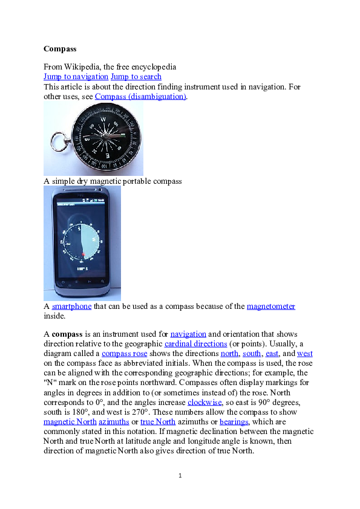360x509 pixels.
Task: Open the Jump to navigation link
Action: tap(76, 77)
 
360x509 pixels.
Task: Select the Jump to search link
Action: tap(136, 77)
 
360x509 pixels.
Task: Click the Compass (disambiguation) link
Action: tap(140, 96)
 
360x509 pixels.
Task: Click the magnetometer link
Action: tap(271, 306)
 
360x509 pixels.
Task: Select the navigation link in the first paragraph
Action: tap(188, 334)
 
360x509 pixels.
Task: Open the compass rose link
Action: tap(124, 353)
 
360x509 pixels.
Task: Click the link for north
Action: tap(229, 353)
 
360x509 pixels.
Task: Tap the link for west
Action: tap(305, 353)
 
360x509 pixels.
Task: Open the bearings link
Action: tap(234, 421)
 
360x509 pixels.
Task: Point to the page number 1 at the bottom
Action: tap(180, 476)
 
